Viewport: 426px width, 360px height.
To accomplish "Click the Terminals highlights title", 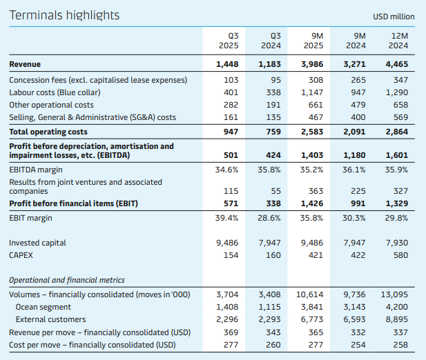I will pos(64,15).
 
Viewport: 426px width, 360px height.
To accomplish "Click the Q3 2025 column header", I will pos(229,41).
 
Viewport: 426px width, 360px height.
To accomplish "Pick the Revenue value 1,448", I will pos(227,64).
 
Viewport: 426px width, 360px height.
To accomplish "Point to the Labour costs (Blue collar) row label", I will pos(55,92).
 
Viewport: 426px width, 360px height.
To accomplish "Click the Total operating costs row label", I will pos(48,131).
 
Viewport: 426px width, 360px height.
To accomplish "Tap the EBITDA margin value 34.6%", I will pos(226,170).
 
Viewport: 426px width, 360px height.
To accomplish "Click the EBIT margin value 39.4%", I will pos(226,218).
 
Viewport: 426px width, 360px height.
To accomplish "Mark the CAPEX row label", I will pos(21,255).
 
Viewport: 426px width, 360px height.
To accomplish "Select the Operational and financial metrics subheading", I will pos(66,280).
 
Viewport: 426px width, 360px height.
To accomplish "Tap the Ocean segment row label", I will pos(43,307).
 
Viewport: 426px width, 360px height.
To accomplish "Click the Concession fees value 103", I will pos(231,80).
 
